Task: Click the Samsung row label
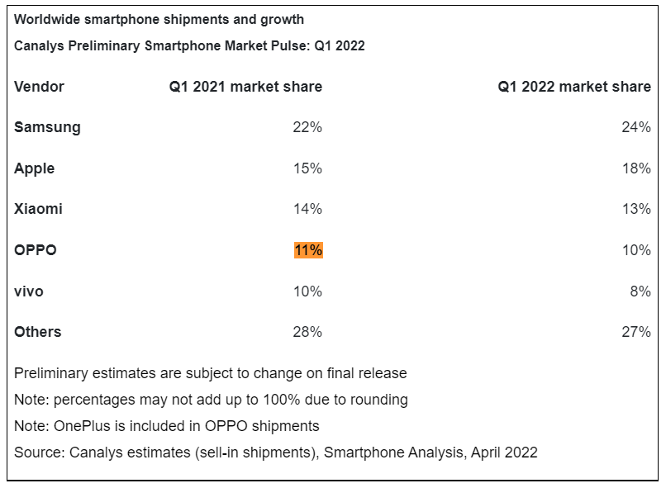click(x=47, y=127)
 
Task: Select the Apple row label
click(x=35, y=168)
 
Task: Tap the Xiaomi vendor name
click(x=38, y=209)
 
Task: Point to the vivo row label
click(x=29, y=291)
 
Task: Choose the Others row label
click(x=38, y=332)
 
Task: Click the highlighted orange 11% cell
click(x=308, y=250)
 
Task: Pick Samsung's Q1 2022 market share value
click(x=637, y=127)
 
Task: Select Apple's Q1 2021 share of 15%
click(x=308, y=168)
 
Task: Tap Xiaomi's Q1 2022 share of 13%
click(x=637, y=209)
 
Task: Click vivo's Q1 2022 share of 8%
click(x=640, y=291)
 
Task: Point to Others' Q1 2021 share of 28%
click(x=308, y=332)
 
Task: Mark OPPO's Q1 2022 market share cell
click(x=637, y=250)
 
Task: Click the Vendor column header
click(x=39, y=87)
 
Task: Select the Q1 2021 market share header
click(x=245, y=87)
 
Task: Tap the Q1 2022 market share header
click(x=574, y=87)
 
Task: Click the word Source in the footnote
click(x=38, y=452)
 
